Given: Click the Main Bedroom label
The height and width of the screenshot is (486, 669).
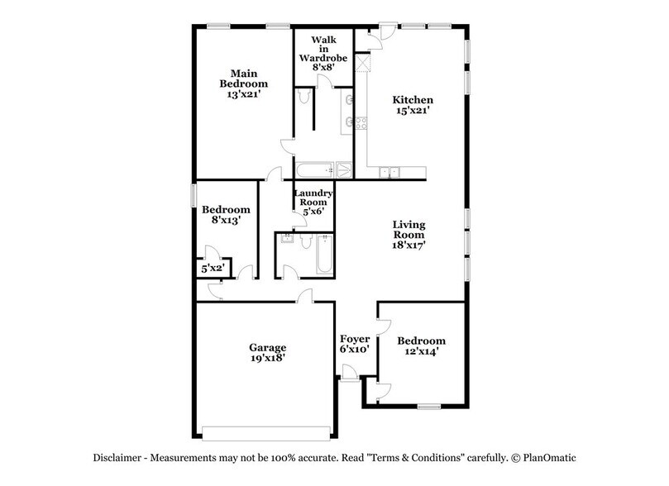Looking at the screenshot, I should (x=244, y=78).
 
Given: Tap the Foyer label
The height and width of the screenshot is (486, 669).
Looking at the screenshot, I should (x=355, y=339).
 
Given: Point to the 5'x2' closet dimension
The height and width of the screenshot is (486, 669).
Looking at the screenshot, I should (x=212, y=268).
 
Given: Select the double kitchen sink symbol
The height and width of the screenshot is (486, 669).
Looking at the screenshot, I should (x=388, y=172).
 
